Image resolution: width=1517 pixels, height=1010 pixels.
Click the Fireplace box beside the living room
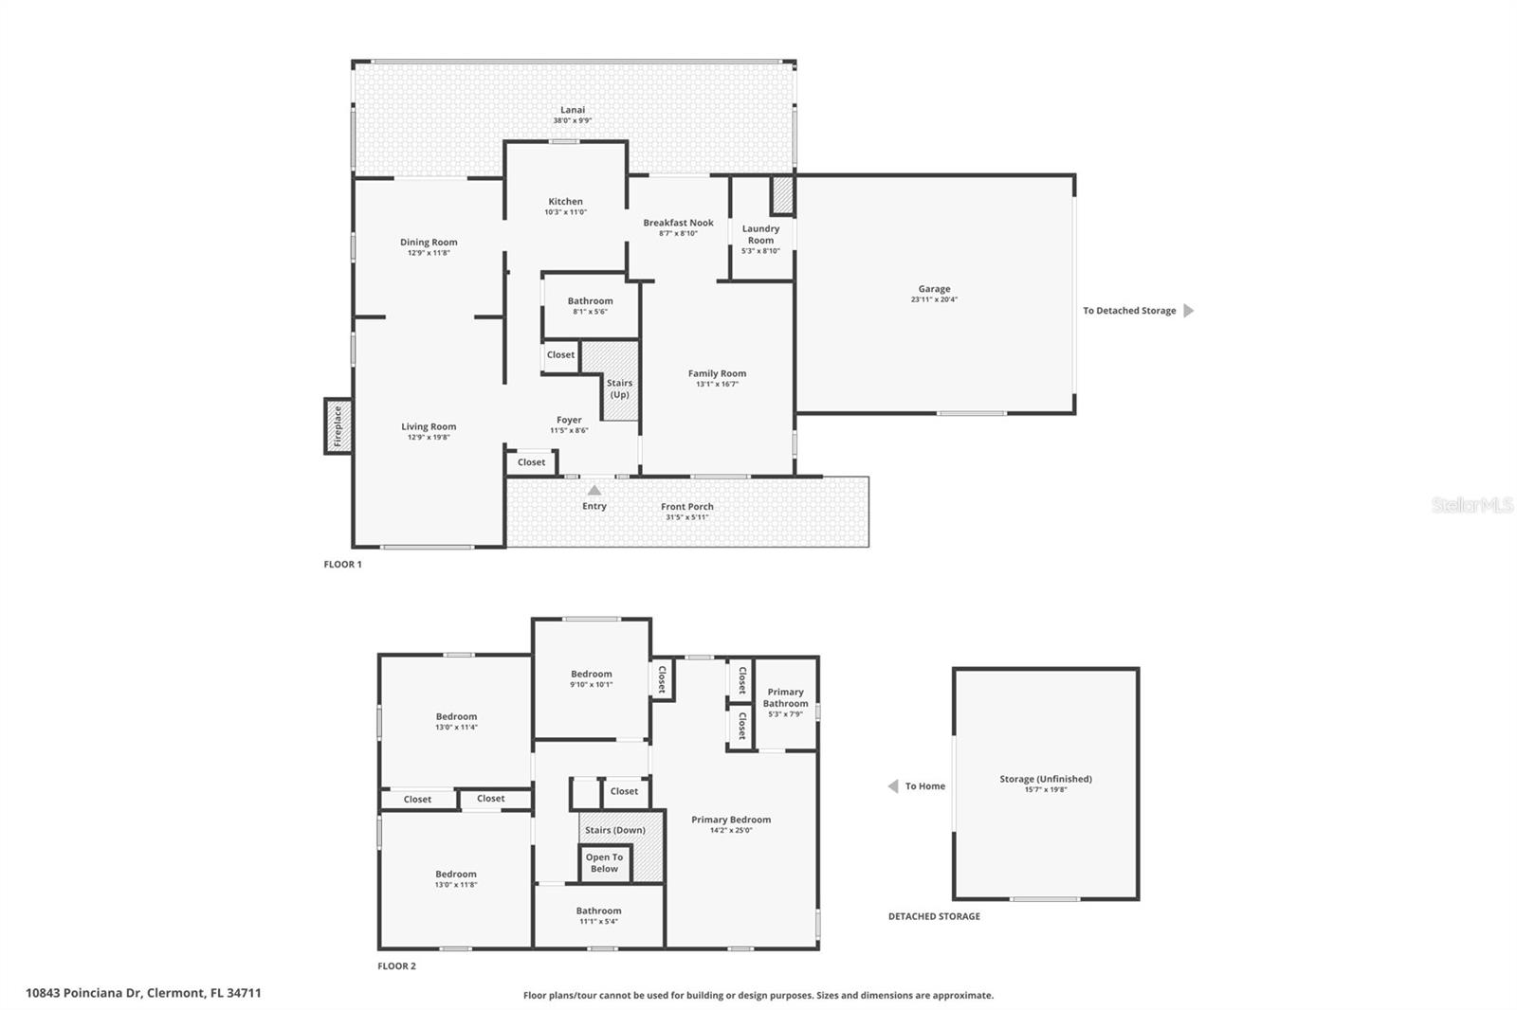[338, 426]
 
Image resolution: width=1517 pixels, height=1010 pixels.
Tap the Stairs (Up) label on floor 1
[619, 388]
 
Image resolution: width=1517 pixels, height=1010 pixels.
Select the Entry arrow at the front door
[594, 491]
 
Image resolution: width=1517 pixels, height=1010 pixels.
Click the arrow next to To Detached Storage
[1189, 311]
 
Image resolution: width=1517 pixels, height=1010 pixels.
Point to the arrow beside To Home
[892, 786]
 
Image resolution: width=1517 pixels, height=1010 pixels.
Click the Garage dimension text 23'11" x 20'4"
[934, 299]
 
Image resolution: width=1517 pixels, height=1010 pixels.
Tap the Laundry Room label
[760, 234]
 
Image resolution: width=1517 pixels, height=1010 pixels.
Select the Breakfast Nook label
[678, 223]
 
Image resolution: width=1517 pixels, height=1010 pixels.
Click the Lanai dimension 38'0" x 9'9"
[573, 120]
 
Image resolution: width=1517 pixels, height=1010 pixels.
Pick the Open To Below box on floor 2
[604, 863]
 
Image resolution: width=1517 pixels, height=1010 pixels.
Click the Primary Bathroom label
[785, 697]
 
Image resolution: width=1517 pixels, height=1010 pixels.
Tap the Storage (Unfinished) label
[1045, 779]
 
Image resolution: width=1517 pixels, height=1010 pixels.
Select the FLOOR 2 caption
[396, 966]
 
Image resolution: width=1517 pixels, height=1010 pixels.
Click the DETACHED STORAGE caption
[934, 916]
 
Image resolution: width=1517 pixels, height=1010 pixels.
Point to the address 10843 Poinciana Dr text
[143, 993]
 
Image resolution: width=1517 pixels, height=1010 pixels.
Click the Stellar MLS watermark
[1471, 505]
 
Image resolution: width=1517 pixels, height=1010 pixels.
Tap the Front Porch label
[686, 507]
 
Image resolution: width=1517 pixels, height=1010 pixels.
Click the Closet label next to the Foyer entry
[531, 462]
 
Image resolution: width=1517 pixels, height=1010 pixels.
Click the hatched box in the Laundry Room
[782, 195]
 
